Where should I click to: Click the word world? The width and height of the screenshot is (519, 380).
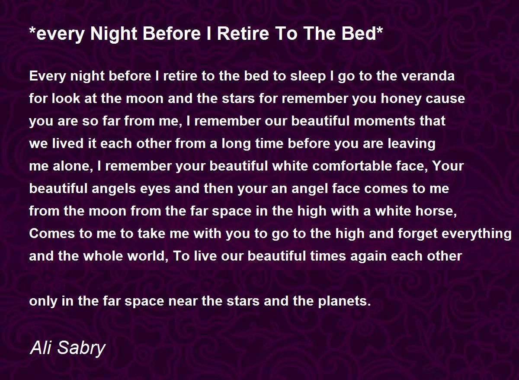(x=145, y=256)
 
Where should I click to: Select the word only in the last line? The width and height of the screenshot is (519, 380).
(x=43, y=301)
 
